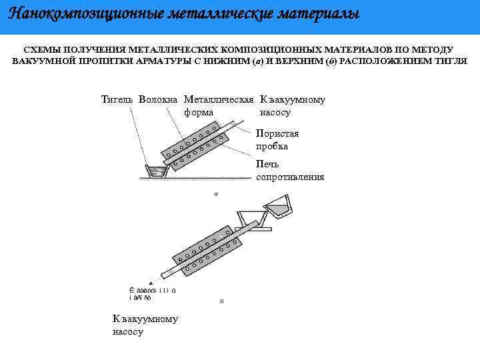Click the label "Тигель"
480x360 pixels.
tap(118, 100)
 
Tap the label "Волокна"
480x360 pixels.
tap(159, 100)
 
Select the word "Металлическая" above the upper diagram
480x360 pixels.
tap(219, 100)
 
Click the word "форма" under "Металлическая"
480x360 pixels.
tap(199, 112)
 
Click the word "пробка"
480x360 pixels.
tap(271, 146)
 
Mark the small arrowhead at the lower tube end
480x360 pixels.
tap(153, 282)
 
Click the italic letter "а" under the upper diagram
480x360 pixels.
tap(215, 193)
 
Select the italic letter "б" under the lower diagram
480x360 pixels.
tap(221, 301)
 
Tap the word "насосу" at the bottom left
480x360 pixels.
tap(128, 331)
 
